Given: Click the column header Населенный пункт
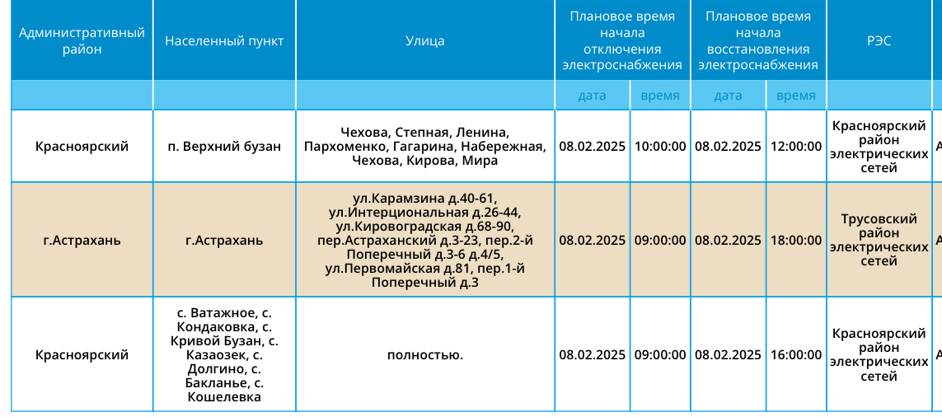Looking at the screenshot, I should (x=224, y=41).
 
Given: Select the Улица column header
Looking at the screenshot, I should (x=425, y=41).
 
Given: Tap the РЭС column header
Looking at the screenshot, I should (x=879, y=41).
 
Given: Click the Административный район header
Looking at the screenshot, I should (x=82, y=41).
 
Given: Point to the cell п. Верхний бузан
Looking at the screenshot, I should (x=224, y=147).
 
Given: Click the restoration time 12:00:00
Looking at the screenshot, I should (x=796, y=147).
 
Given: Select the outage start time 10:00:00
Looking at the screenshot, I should (x=660, y=147).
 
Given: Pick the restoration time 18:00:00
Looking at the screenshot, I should (x=796, y=241).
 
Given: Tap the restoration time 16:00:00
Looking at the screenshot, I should (x=796, y=355).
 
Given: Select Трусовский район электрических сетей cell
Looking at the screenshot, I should (x=879, y=241).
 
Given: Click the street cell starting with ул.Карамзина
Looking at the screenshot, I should (x=425, y=241).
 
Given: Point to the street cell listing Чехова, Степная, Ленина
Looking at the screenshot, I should (x=425, y=147).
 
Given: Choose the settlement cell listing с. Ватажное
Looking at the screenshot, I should (x=224, y=355).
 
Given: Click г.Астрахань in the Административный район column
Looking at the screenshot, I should (x=82, y=241).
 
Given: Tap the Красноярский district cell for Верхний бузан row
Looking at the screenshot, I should (x=82, y=147).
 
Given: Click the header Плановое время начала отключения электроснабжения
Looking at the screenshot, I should (x=622, y=41).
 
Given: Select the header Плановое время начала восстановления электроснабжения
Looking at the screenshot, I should (x=758, y=41).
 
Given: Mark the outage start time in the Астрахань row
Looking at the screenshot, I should (x=660, y=241).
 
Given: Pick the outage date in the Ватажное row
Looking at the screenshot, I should (x=593, y=355).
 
